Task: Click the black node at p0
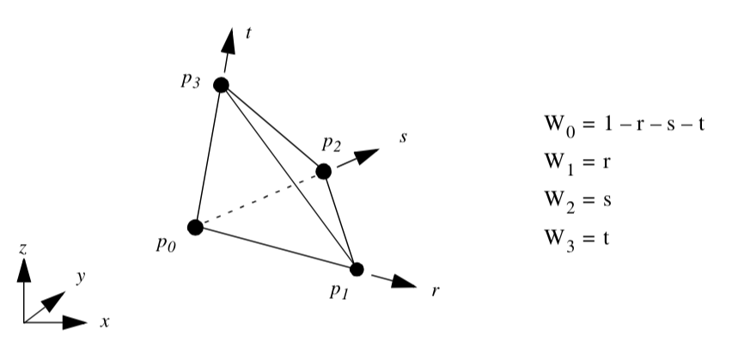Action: pyautogui.click(x=195, y=228)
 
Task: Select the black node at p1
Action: pyautogui.click(x=357, y=269)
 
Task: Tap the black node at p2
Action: pyautogui.click(x=323, y=171)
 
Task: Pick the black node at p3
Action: pyautogui.click(x=221, y=84)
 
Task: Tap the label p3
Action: pyautogui.click(x=191, y=79)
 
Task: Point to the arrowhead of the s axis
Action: pyautogui.click(x=368, y=156)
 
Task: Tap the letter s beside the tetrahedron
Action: pyautogui.click(x=401, y=139)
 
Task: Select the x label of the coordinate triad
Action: pyautogui.click(x=104, y=323)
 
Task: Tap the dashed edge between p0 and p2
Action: pyautogui.click(x=258, y=200)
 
